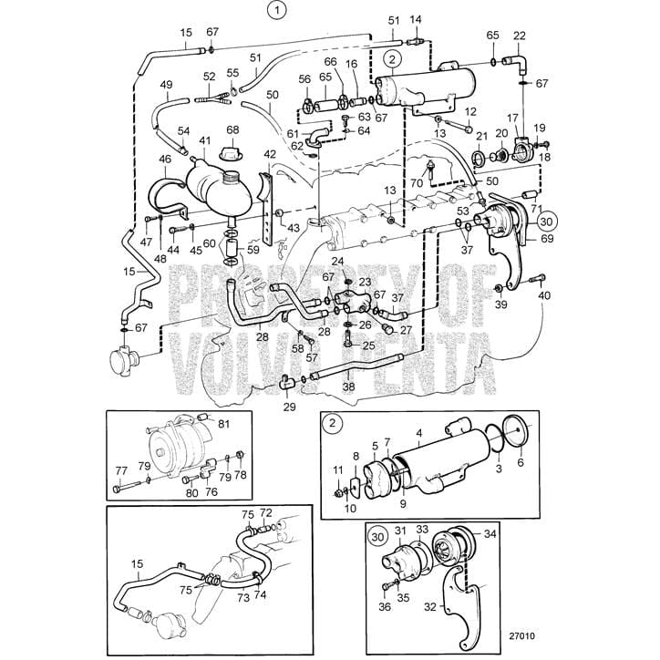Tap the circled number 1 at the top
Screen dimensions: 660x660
[274, 12]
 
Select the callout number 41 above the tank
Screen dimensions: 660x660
[205, 141]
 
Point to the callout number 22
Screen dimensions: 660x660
[520, 36]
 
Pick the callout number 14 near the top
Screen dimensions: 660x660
[416, 19]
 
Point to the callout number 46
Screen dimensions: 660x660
[166, 159]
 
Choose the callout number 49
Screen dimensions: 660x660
[166, 85]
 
